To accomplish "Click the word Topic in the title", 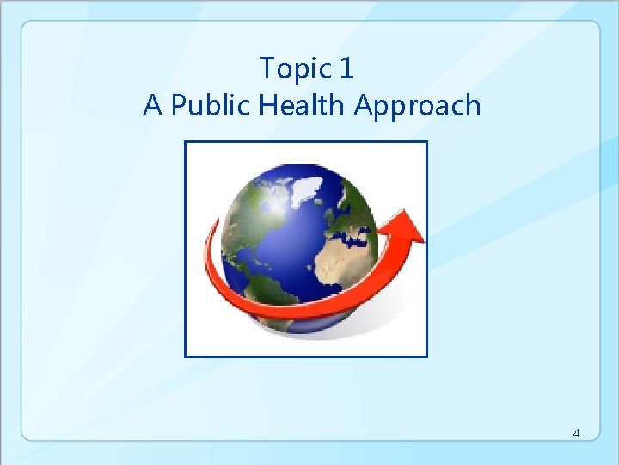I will click(294, 67).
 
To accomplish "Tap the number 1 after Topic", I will click(346, 67).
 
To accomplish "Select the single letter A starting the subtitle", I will click(152, 105).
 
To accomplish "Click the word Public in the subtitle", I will click(200, 105).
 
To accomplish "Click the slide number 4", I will click(577, 433).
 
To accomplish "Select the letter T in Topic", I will click(267, 67).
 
